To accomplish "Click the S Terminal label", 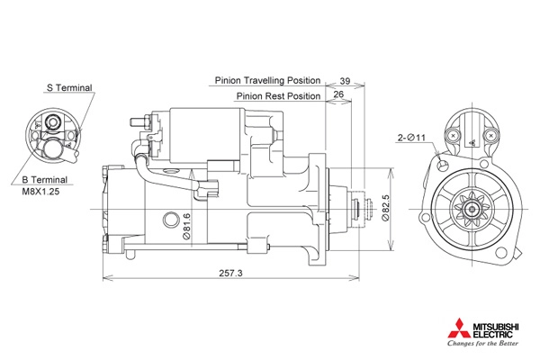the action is [69, 88].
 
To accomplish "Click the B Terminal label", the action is [44, 179].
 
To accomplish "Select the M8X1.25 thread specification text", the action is [40, 191].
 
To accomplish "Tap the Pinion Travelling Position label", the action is [267, 80].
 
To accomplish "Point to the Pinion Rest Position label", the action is [278, 95].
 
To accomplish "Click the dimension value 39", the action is [345, 81].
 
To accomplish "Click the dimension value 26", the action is [338, 94].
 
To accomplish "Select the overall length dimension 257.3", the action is [230, 273].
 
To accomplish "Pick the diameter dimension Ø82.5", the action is [386, 207].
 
